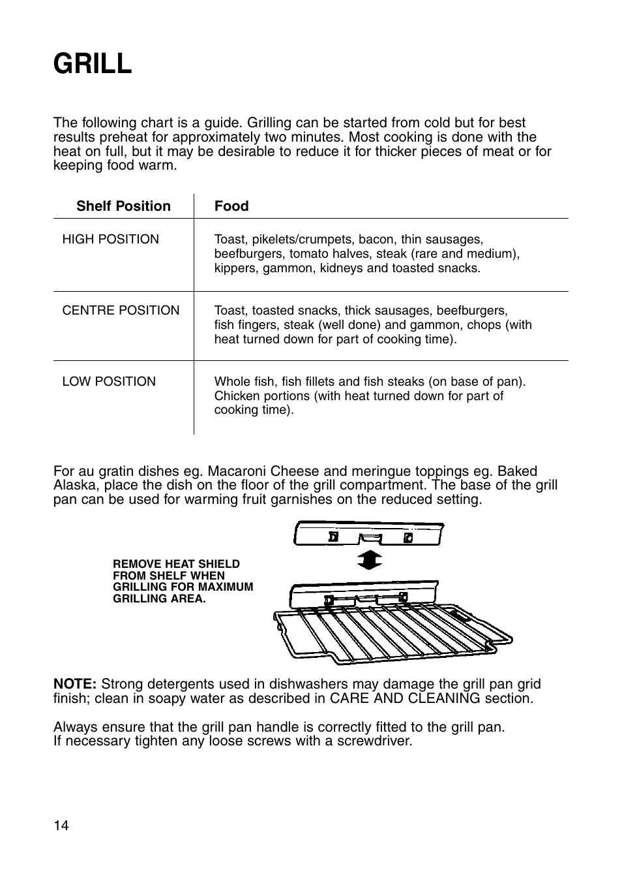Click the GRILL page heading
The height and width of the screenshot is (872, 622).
(x=93, y=64)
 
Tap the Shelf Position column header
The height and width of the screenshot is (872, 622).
(x=123, y=206)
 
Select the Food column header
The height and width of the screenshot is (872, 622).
(x=231, y=206)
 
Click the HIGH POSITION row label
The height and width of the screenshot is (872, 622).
(x=110, y=240)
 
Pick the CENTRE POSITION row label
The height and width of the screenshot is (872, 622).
(x=121, y=311)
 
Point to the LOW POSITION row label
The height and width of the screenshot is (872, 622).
(x=109, y=382)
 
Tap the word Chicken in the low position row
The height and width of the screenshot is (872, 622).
(x=236, y=396)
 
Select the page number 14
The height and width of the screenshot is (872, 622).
(x=61, y=826)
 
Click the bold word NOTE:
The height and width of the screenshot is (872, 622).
(x=75, y=684)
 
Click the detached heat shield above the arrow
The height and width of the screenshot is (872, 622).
(x=369, y=533)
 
